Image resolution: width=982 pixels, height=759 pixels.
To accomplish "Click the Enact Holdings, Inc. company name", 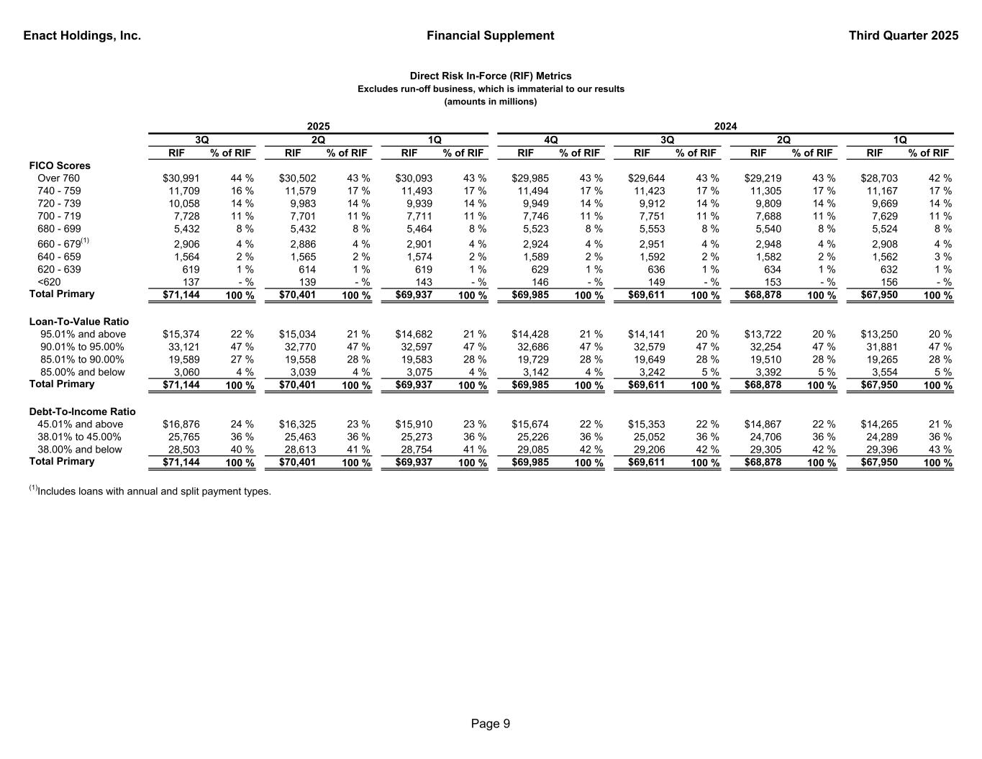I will [82, 35].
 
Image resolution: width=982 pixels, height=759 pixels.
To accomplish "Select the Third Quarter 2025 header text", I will [903, 35].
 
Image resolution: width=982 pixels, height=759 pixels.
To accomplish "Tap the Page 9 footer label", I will [491, 724].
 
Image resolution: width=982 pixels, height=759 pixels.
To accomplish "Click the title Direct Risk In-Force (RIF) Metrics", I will [491, 76].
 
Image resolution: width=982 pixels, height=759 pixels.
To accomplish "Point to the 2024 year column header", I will [724, 126].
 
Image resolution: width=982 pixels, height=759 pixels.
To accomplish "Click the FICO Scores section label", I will [60, 165].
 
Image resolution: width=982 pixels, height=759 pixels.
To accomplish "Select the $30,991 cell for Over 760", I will [181, 178].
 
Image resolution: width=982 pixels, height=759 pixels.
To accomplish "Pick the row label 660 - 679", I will [59, 244].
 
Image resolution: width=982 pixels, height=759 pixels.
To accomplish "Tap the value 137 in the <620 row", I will [191, 282].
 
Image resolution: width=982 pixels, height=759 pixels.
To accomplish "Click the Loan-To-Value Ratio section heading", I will [79, 322].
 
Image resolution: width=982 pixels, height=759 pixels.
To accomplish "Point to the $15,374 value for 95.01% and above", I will [181, 335].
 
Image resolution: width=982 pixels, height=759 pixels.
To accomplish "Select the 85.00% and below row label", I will [82, 373].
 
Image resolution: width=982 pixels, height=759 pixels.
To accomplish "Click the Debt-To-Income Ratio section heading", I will [82, 412].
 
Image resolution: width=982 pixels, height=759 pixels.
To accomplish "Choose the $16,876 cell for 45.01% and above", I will [181, 424].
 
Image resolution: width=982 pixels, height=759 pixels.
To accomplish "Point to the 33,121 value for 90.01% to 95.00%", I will [184, 347].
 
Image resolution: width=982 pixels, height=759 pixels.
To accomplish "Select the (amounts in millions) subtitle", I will [491, 101].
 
